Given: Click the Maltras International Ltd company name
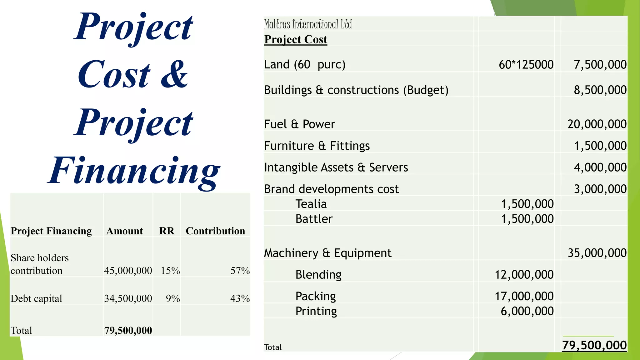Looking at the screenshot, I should tap(308, 24).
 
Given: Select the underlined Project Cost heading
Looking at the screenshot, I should tap(296, 39).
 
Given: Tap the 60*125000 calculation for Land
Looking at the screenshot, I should tap(526, 65).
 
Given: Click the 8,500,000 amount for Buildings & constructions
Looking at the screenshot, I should tap(600, 90).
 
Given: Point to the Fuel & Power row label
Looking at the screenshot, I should tap(299, 124).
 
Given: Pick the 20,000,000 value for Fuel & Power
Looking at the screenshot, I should tap(597, 124).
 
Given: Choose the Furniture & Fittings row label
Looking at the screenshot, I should tap(317, 146).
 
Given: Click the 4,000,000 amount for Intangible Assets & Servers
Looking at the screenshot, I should tap(600, 167).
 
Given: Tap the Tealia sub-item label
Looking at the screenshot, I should tap(311, 204).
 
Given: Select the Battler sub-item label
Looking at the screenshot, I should tap(314, 219).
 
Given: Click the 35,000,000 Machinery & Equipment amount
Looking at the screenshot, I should tap(597, 253).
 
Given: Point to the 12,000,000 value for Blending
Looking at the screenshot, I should tap(524, 275).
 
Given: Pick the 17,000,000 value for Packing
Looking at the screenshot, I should tap(524, 296).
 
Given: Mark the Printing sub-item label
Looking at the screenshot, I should tap(316, 311).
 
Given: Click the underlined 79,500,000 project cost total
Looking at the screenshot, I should tap(594, 345).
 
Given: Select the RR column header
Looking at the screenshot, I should tap(167, 231).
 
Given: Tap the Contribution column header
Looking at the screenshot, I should tap(215, 231).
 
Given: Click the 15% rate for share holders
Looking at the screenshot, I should tap(170, 271).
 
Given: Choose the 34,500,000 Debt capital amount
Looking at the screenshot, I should tap(128, 298).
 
